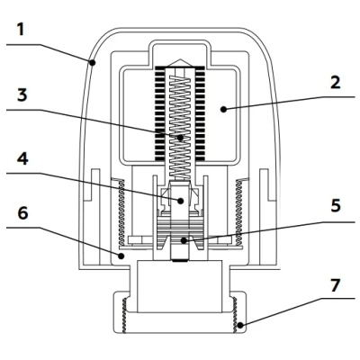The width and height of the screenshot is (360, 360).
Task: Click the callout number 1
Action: (x=20, y=30)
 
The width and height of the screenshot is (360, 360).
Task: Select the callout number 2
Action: (x=336, y=83)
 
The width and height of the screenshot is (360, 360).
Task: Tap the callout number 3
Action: (x=22, y=94)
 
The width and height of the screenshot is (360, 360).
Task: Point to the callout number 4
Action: (x=22, y=158)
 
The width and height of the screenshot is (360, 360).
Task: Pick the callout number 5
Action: (x=336, y=206)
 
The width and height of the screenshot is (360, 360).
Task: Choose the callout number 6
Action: (x=22, y=213)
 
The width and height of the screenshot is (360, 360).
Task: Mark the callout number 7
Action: (x=336, y=285)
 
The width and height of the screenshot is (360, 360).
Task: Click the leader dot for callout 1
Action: (x=93, y=63)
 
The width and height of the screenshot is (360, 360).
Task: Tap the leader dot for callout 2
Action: (x=223, y=109)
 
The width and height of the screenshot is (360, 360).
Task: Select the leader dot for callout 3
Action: (x=180, y=138)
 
